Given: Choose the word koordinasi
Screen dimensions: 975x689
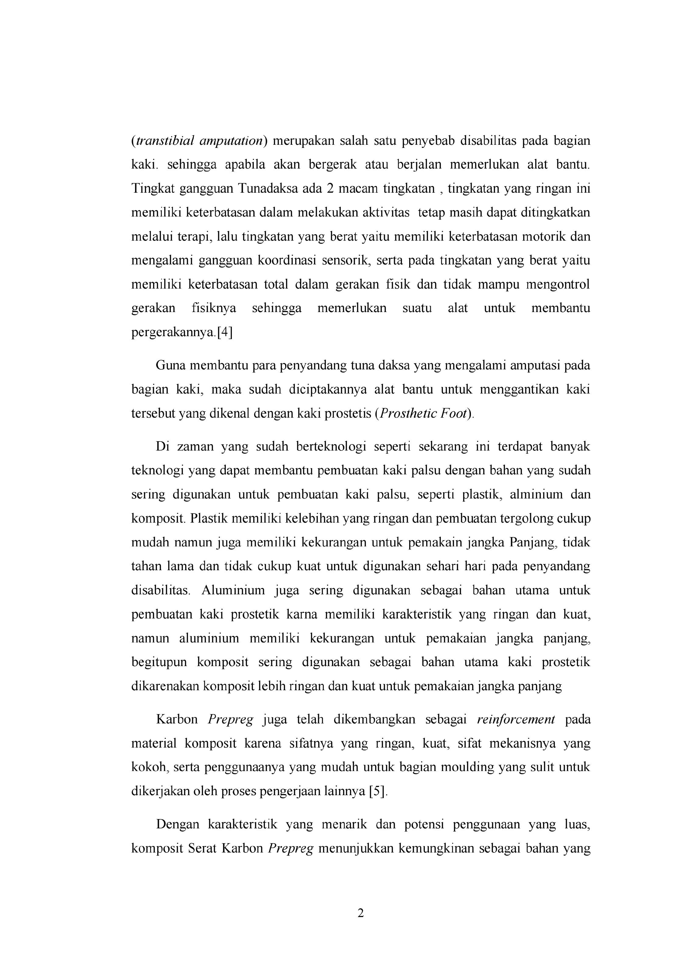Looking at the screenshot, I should (287, 260).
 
